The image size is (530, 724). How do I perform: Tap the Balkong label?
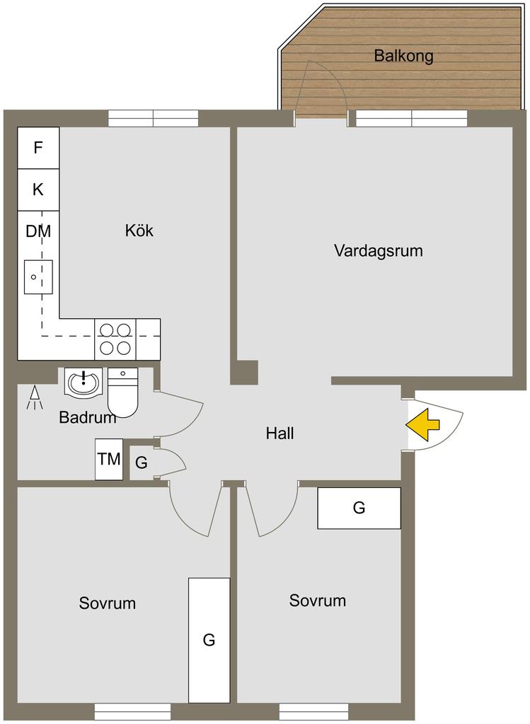click(403, 56)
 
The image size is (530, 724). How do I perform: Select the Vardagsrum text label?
click(378, 250)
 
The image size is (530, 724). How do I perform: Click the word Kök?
click(139, 230)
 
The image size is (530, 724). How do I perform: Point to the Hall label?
click(280, 433)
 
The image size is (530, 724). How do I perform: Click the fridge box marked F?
click(38, 148)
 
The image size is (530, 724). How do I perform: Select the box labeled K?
click(38, 189)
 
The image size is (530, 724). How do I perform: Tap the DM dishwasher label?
click(38, 231)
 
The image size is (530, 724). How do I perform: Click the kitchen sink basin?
click(38, 276)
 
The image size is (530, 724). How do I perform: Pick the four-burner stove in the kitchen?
click(115, 339)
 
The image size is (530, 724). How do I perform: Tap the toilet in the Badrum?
click(124, 392)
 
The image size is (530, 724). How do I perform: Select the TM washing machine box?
click(109, 460)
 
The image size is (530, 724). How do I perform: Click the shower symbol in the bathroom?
click(33, 399)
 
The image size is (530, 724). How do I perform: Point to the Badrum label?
click(87, 418)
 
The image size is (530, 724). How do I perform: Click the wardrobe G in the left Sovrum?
click(209, 640)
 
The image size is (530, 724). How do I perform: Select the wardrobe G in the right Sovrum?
click(359, 508)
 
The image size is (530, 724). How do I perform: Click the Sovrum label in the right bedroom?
click(318, 601)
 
